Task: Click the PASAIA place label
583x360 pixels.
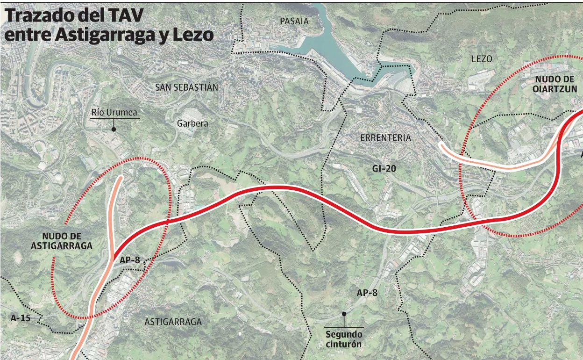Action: [x=294, y=21]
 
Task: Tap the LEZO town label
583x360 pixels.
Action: [x=482, y=59]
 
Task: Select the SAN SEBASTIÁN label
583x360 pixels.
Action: [x=187, y=87]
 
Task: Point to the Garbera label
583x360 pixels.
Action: [x=192, y=123]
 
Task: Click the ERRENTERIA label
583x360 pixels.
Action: [x=385, y=138]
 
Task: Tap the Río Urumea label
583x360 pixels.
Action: [x=114, y=112]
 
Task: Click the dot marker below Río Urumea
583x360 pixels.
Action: [x=114, y=129]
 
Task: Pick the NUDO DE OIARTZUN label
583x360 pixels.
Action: [x=556, y=84]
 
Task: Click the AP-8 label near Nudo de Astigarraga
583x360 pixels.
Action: [x=130, y=260]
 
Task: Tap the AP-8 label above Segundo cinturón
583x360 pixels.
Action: [x=367, y=293]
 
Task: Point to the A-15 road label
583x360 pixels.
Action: [x=21, y=317]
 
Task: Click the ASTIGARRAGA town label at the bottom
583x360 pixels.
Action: [x=173, y=322]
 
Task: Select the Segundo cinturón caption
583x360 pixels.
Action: [x=344, y=339]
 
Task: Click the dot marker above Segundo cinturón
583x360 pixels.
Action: [x=344, y=314]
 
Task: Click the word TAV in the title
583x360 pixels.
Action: [x=126, y=16]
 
